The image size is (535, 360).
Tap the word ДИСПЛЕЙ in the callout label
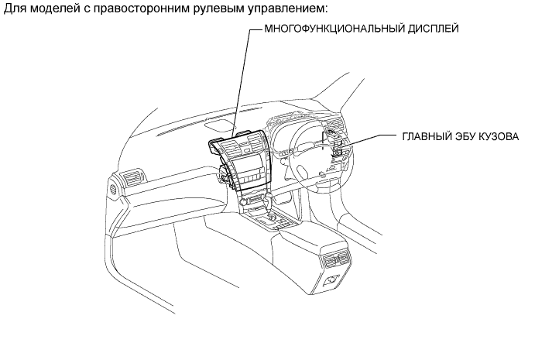tap(434, 29)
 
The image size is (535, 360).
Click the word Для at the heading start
tap(15, 9)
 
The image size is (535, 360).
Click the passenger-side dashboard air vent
tap(134, 177)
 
